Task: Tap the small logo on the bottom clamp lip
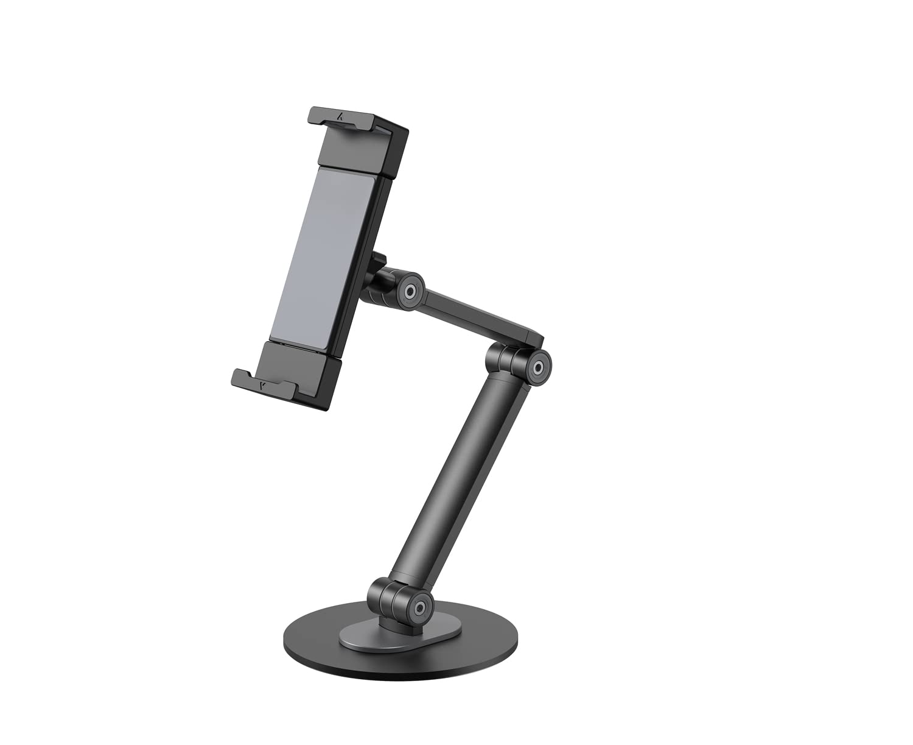[x=262, y=386]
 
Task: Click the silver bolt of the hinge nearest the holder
[x=410, y=292]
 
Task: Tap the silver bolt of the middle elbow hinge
[x=538, y=367]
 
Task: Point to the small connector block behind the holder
[x=379, y=263]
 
